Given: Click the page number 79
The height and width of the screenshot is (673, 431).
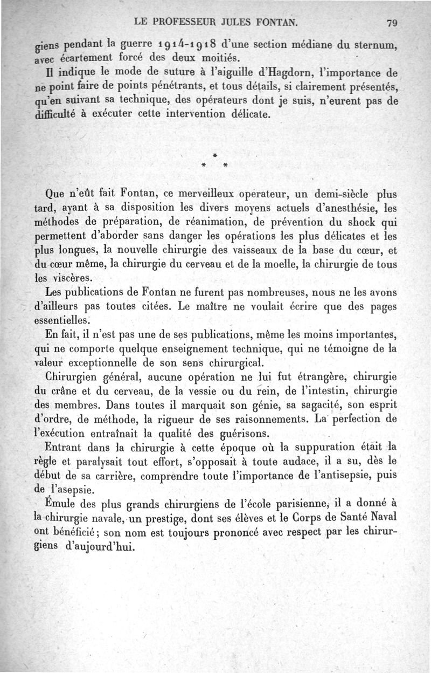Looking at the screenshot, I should pyautogui.click(x=392, y=23).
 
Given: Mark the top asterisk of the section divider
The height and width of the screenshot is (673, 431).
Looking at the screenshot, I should pyautogui.click(x=214, y=155).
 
